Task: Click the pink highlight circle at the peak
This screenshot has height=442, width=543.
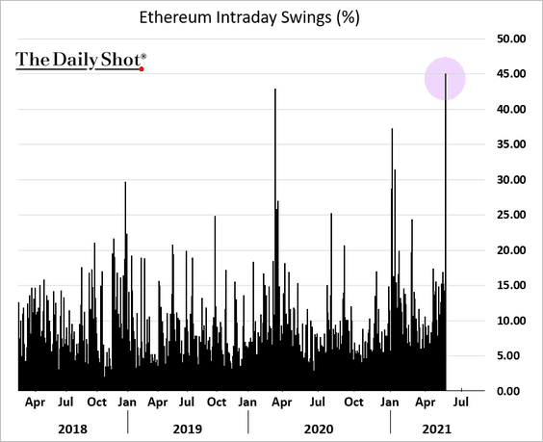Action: tap(446, 78)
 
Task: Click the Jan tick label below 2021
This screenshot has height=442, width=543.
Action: tap(391, 403)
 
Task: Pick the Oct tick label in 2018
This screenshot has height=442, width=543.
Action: tap(96, 403)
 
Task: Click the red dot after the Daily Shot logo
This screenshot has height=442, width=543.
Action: tap(142, 68)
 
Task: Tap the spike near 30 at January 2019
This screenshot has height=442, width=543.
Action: tap(125, 185)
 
